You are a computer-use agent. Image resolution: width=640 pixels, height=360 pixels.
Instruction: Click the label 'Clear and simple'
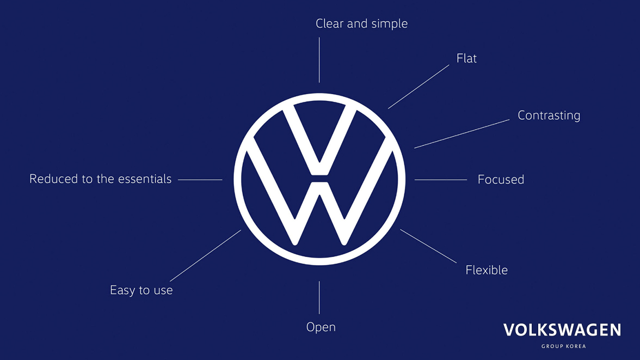pos(361,24)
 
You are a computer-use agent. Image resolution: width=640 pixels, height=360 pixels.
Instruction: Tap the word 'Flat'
pos(466,58)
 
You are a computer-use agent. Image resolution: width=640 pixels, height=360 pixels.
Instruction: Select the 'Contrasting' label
pos(549,115)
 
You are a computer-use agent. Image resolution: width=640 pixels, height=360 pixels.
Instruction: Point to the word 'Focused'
pos(501,179)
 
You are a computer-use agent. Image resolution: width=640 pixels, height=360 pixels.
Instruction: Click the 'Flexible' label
pos(487,270)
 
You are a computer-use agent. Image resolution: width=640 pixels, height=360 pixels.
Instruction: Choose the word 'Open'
pos(321,327)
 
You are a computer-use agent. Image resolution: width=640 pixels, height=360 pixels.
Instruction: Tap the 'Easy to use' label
pos(141,290)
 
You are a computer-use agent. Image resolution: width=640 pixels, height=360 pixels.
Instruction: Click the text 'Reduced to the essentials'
pos(100,179)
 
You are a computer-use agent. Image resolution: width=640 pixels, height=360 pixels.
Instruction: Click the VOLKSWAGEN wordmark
pos(562,330)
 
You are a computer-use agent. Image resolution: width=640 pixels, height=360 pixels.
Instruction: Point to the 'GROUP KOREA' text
pos(564,346)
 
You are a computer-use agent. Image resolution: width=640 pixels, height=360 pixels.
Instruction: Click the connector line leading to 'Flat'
pos(419,87)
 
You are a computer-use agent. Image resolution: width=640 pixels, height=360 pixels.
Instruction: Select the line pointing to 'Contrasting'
pos(461,133)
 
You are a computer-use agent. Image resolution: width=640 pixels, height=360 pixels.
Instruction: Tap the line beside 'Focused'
pos(441,180)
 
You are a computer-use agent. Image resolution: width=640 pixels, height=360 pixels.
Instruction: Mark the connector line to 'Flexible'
pos(428,246)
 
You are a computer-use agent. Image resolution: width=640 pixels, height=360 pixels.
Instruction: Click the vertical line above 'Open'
pos(319,297)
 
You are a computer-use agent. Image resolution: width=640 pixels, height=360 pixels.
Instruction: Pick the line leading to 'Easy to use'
pos(205,256)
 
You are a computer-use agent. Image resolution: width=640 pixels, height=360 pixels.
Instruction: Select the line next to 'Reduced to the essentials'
pos(200,180)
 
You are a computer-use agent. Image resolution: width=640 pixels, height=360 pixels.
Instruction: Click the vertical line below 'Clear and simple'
pos(319,60)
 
